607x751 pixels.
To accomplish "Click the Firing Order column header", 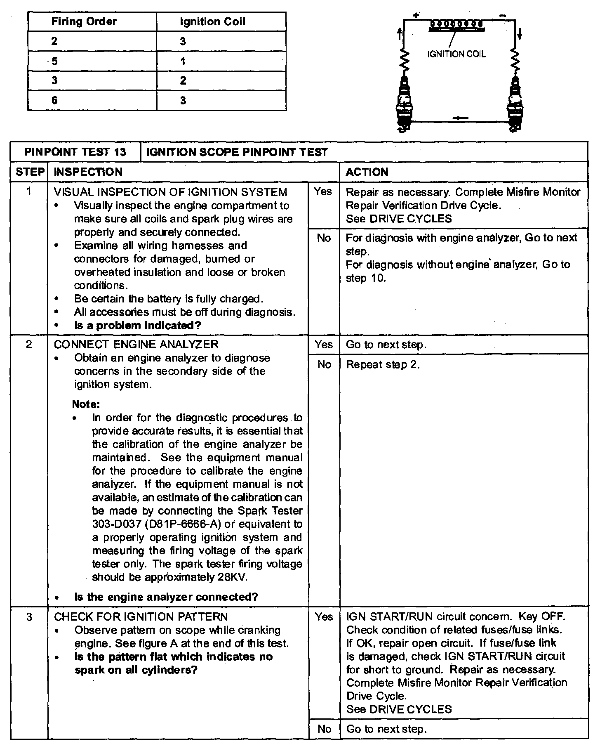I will [x=84, y=21].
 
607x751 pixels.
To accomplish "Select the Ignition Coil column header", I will [x=212, y=21].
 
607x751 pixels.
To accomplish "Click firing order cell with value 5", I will [x=54, y=61].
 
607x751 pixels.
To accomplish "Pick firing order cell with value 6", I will [x=54, y=100].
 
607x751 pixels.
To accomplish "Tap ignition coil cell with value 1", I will [x=183, y=61].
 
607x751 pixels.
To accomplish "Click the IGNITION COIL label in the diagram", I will [x=456, y=54].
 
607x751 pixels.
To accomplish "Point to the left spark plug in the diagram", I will [x=405, y=103].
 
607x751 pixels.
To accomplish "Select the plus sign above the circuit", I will [x=416, y=16].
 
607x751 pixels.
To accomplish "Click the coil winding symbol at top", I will [x=456, y=25].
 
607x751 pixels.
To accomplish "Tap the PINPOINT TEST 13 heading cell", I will [x=75, y=152].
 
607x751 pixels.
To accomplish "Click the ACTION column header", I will [x=367, y=172].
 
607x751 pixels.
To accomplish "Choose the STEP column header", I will [x=29, y=172].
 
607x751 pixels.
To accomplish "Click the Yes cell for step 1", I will [x=323, y=191].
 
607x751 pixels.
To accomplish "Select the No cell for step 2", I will [x=324, y=364].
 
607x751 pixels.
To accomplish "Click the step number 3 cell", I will [x=29, y=617].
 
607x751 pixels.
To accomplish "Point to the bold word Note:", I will [x=86, y=404].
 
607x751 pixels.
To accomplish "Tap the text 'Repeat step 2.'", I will [x=383, y=365].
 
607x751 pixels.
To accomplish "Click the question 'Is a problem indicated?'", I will [x=137, y=326].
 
